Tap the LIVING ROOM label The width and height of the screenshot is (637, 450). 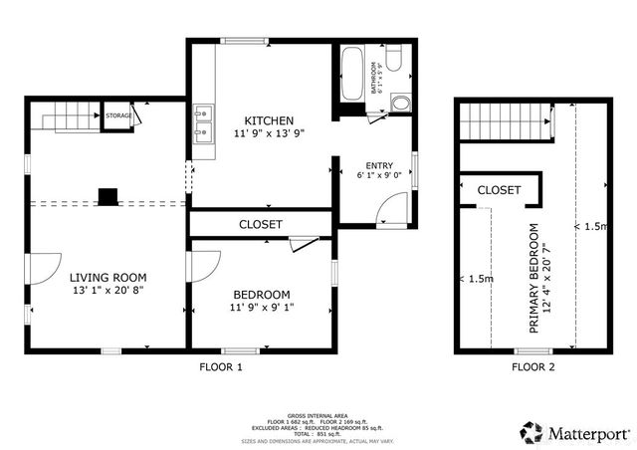[107, 278]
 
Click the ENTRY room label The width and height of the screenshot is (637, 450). [380, 166]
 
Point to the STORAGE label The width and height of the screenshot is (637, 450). [119, 116]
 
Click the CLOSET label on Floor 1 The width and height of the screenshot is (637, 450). [261, 225]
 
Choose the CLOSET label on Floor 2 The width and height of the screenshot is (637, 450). [499, 189]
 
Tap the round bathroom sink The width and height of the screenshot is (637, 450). [400, 104]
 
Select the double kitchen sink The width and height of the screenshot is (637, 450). [204, 121]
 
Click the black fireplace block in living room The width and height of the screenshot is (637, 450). [108, 195]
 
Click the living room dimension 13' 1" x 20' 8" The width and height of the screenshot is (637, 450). [107, 292]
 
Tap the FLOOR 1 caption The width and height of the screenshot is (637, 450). [221, 366]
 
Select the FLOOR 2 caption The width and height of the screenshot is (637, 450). [533, 366]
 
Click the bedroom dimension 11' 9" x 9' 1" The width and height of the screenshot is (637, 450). [261, 308]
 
